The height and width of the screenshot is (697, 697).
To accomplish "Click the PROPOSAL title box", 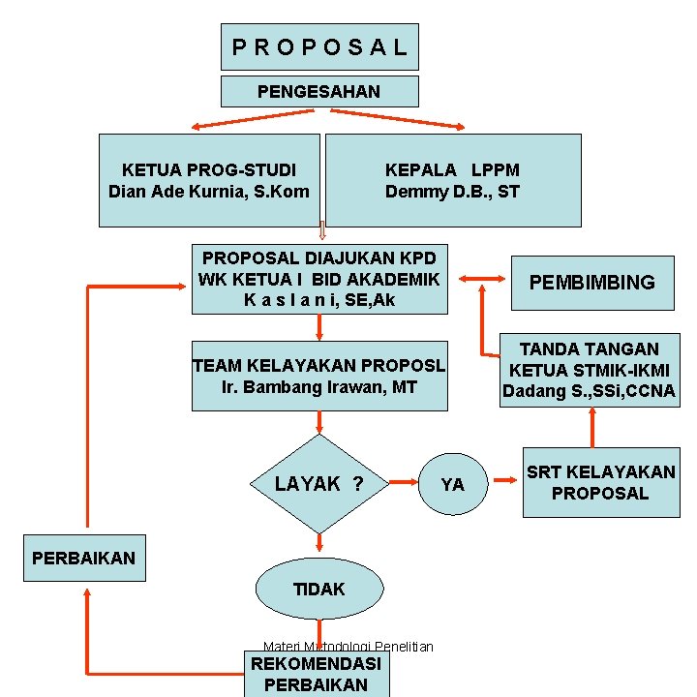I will point(319,46).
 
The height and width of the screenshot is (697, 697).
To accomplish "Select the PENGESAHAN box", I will point(319,92).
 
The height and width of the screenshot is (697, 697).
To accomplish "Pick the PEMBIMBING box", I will point(591,282).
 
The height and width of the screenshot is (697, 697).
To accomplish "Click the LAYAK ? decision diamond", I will point(319,483).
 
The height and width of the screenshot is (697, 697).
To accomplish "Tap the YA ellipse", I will point(452,484).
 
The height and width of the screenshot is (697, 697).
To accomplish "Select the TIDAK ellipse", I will point(318,589).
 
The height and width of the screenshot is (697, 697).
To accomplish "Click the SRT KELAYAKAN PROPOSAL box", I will point(600,482).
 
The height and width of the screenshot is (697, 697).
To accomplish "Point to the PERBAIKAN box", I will point(83,559).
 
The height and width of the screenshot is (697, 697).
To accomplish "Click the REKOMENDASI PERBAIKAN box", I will point(317,674).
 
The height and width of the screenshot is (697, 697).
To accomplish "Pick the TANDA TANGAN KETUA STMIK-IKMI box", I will point(589,371).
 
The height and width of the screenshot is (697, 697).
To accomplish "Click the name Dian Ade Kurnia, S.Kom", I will point(209,192).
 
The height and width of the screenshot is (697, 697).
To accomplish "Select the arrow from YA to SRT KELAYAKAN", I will point(504,479).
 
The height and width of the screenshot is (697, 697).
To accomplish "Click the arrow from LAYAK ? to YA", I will point(403,480).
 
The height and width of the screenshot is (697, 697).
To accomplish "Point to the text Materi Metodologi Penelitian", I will point(348,646).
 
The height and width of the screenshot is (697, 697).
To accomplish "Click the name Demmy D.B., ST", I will point(452,192).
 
